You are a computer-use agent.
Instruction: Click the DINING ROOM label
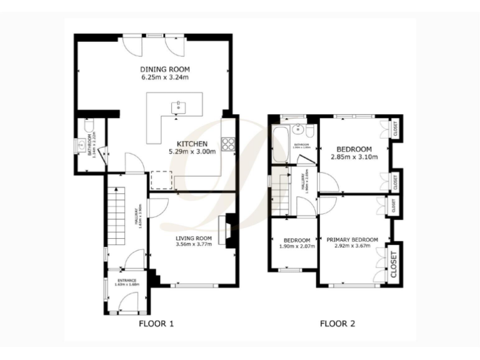click(x=164, y=69)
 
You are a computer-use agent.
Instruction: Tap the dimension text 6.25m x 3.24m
click(x=164, y=77)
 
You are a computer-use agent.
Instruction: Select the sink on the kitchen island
click(x=179, y=106)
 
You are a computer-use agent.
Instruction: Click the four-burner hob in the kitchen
click(x=228, y=144)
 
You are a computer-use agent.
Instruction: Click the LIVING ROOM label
click(x=193, y=238)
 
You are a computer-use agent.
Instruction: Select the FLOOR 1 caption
click(x=156, y=324)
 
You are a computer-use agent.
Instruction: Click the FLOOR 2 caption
click(x=337, y=324)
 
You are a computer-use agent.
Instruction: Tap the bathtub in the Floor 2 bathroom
click(x=280, y=143)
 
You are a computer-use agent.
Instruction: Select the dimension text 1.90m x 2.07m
click(x=296, y=247)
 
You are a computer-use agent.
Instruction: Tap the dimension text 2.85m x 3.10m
click(x=354, y=157)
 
